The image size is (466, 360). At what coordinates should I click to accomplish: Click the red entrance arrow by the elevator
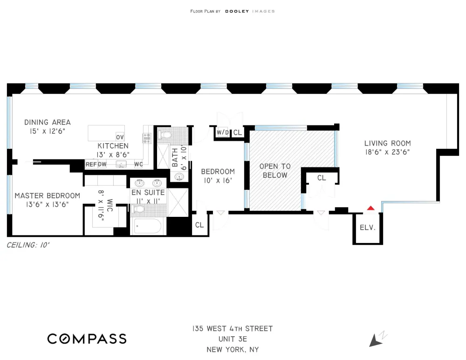tap(370, 208)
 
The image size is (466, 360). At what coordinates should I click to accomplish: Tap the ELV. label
tap(368, 228)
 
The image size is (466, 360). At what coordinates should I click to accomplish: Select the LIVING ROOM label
tap(388, 144)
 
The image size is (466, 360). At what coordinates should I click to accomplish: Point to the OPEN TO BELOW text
tap(275, 171)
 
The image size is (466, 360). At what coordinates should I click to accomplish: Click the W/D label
tap(223, 132)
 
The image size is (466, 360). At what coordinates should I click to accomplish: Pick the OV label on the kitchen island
tap(120, 137)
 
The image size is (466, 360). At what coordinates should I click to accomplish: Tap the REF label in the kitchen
tap(91, 164)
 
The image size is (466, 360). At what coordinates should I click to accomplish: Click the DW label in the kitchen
tap(102, 164)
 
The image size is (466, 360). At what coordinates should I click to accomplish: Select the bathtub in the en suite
tap(148, 227)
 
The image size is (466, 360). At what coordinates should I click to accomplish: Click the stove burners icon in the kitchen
tap(147, 138)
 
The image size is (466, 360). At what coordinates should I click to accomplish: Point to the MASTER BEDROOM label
tap(48, 196)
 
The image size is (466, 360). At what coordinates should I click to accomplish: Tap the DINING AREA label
tap(48, 122)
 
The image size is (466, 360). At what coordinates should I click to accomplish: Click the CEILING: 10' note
tap(28, 245)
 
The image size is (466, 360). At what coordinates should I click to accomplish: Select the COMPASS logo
tap(87, 339)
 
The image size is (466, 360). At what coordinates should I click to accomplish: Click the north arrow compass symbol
tap(377, 339)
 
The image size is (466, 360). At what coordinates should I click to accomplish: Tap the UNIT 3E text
tap(233, 339)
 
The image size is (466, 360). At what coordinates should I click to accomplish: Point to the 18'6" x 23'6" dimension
tap(388, 152)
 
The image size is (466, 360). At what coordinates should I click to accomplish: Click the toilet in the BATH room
tap(164, 135)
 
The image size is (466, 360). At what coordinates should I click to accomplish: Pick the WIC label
tap(110, 205)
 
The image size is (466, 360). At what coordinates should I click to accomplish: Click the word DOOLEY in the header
tap(237, 11)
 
